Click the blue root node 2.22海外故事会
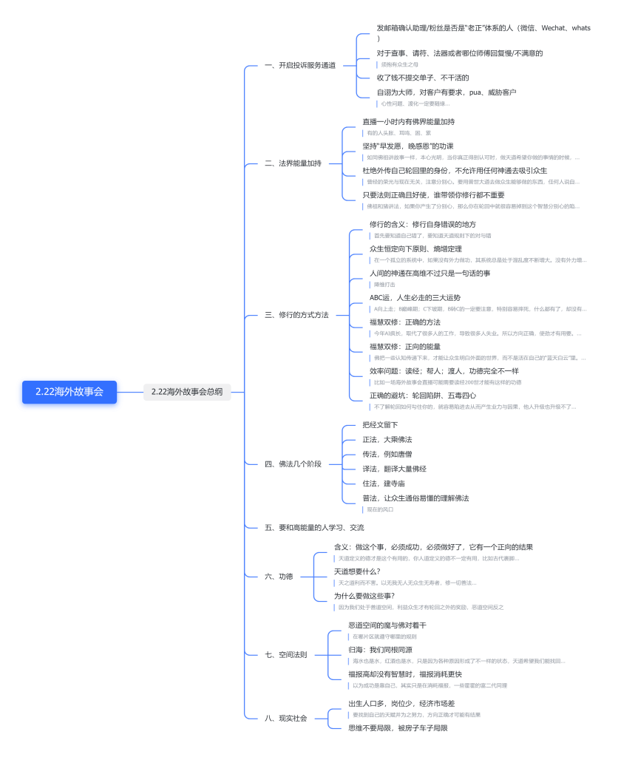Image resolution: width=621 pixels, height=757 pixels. click(69, 392)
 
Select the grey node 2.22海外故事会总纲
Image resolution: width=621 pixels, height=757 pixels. click(186, 392)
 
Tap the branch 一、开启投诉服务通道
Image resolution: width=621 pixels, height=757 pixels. click(300, 66)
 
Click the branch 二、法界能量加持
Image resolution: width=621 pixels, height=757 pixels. click(293, 163)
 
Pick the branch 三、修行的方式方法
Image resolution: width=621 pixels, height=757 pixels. click(296, 315)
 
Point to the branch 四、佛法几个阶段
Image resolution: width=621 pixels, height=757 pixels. click(293, 464)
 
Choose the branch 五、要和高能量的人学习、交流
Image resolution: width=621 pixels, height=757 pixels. click(314, 528)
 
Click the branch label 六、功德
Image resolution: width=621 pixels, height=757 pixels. click(279, 577)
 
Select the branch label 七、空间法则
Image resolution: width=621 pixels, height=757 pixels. click(285, 655)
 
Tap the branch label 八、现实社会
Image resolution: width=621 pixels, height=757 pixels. click(285, 718)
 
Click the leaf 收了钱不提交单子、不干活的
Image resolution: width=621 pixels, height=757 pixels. click(423, 78)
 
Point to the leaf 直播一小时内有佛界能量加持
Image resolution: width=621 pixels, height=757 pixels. click(408, 121)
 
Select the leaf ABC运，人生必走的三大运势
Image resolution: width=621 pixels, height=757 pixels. click(425, 298)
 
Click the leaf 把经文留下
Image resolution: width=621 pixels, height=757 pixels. click(380, 425)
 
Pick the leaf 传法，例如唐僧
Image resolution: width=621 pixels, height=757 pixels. click(387, 454)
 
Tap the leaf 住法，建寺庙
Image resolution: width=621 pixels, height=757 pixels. click(384, 483)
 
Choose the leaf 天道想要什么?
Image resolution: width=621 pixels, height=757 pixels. click(357, 571)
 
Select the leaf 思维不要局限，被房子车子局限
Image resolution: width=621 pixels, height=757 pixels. click(398, 728)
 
